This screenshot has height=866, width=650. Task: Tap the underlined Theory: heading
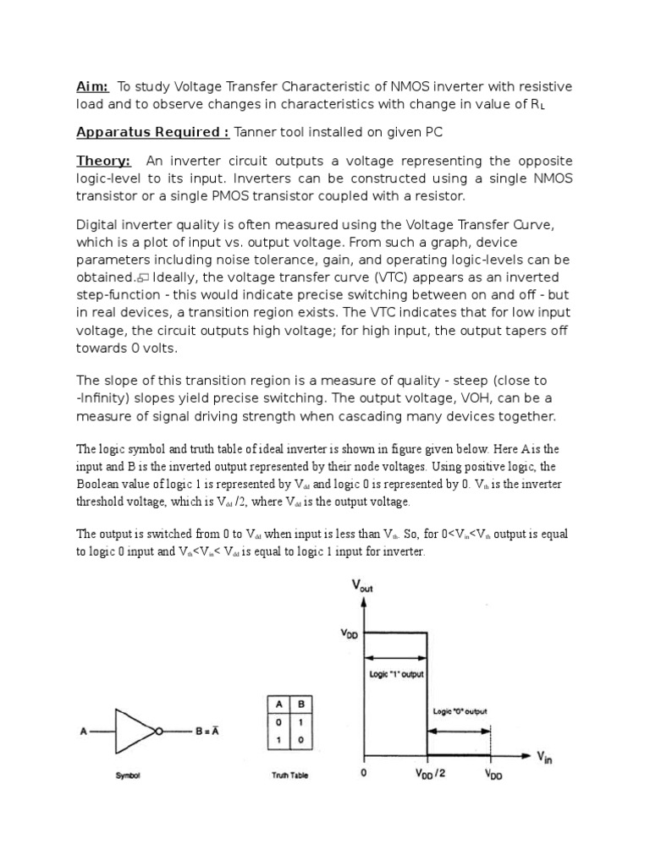coord(103,161)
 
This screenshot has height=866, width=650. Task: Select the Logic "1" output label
coord(395,675)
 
